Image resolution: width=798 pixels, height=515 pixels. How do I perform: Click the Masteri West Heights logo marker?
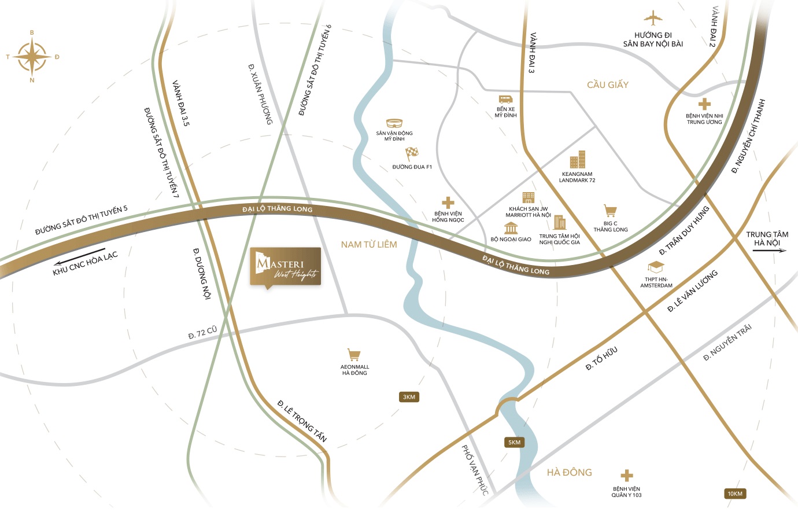pos(285,267)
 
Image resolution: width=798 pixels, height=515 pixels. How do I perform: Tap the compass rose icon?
pos(32,57)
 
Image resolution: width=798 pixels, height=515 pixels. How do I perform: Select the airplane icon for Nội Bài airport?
pos(653,19)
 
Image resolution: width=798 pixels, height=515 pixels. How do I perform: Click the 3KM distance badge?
pos(409,397)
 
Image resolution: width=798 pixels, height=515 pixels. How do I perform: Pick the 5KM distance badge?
pos(514,442)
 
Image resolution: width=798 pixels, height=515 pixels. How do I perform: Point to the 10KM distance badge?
pos(735,494)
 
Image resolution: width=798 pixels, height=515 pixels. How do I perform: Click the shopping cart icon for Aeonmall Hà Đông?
pos(354,355)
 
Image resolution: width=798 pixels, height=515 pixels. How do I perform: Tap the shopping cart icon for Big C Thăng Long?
pos(610,211)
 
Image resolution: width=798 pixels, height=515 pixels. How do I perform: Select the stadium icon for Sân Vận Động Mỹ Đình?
pos(394,123)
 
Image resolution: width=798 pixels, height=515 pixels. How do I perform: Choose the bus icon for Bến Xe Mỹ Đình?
pos(505,100)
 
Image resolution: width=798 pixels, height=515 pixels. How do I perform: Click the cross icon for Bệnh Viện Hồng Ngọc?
pos(448,203)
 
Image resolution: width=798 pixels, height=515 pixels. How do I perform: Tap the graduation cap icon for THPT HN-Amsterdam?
pos(656,267)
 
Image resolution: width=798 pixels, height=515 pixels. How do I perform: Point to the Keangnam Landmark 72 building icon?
pos(578,160)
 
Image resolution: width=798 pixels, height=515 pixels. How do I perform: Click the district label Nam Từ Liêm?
pos(369,244)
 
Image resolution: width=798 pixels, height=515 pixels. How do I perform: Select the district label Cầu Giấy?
pos(607,84)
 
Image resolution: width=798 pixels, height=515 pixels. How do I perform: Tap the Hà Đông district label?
pos(569,472)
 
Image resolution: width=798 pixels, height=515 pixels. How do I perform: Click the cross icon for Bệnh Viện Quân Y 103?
pos(627,476)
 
